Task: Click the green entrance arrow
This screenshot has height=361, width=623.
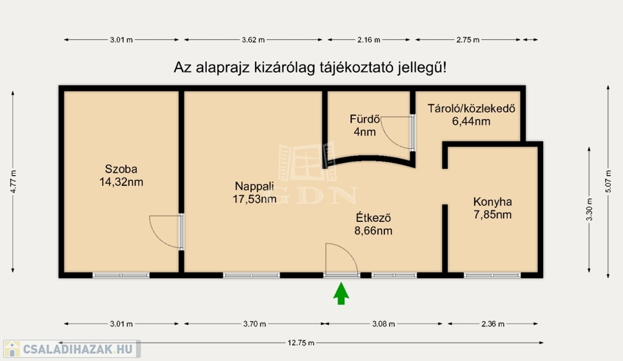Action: tap(341, 294)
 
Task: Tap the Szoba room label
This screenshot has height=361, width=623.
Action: tap(121, 176)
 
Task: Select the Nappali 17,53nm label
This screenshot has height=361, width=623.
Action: tap(254, 193)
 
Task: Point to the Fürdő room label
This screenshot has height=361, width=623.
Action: tap(365, 125)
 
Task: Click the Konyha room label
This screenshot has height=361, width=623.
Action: tap(493, 208)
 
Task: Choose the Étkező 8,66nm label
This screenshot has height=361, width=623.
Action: tap(374, 224)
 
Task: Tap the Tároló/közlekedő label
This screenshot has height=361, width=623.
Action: tap(472, 115)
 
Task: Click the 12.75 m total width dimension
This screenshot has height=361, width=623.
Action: tap(301, 343)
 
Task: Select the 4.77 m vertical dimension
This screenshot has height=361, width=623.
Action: tap(13, 182)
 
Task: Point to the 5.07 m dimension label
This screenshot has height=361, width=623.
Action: tap(608, 182)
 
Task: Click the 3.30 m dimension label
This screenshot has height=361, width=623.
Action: tap(589, 210)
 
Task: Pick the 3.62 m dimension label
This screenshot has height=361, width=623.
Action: tap(253, 40)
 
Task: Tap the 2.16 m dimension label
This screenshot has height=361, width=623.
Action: tap(369, 40)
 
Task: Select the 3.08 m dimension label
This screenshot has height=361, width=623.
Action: tap(383, 324)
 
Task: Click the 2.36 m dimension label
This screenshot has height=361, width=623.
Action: tap(493, 324)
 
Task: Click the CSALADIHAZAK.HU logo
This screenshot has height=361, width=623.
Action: tap(72, 349)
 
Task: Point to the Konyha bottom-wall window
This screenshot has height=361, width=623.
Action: tap(492, 275)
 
